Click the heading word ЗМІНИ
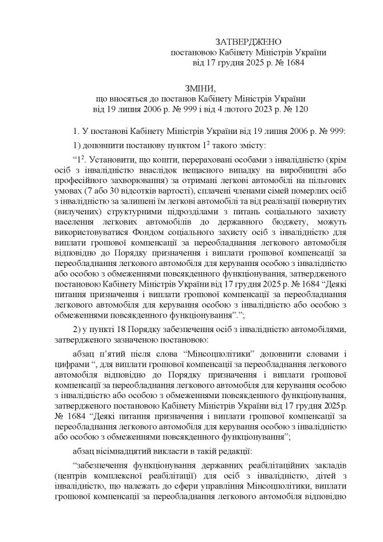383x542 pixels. tap(191, 89)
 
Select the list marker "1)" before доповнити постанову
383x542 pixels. tap(78, 146)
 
